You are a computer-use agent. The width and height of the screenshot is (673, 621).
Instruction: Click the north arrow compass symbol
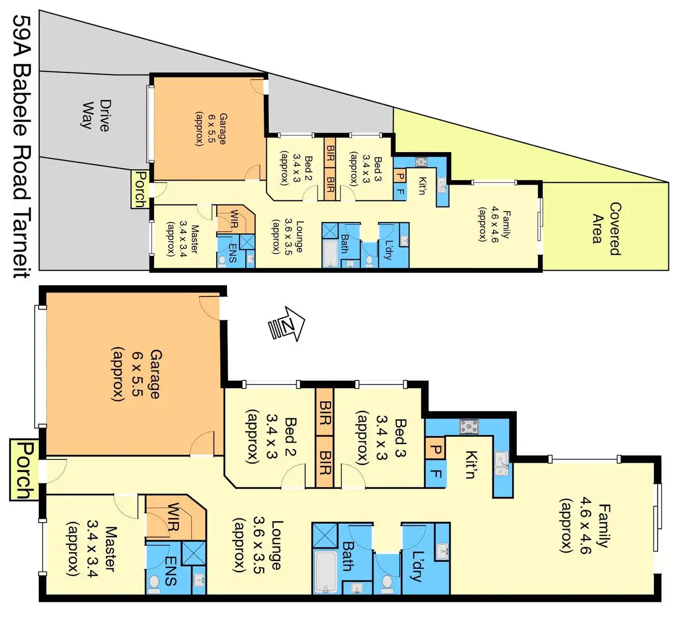[x=286, y=324]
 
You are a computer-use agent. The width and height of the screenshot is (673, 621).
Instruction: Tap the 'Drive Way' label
[x=96, y=114]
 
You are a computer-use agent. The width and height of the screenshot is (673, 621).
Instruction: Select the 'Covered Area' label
[x=606, y=228]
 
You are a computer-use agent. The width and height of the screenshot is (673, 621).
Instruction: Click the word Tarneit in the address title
[x=21, y=242]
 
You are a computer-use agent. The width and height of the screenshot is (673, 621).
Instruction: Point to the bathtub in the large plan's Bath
[x=326, y=572]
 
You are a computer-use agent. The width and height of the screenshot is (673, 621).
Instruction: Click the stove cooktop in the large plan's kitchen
[x=470, y=427]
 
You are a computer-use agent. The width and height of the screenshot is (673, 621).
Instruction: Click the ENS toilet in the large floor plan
[x=154, y=583]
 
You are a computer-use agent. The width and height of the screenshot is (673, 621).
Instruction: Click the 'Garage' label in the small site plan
[x=221, y=128]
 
